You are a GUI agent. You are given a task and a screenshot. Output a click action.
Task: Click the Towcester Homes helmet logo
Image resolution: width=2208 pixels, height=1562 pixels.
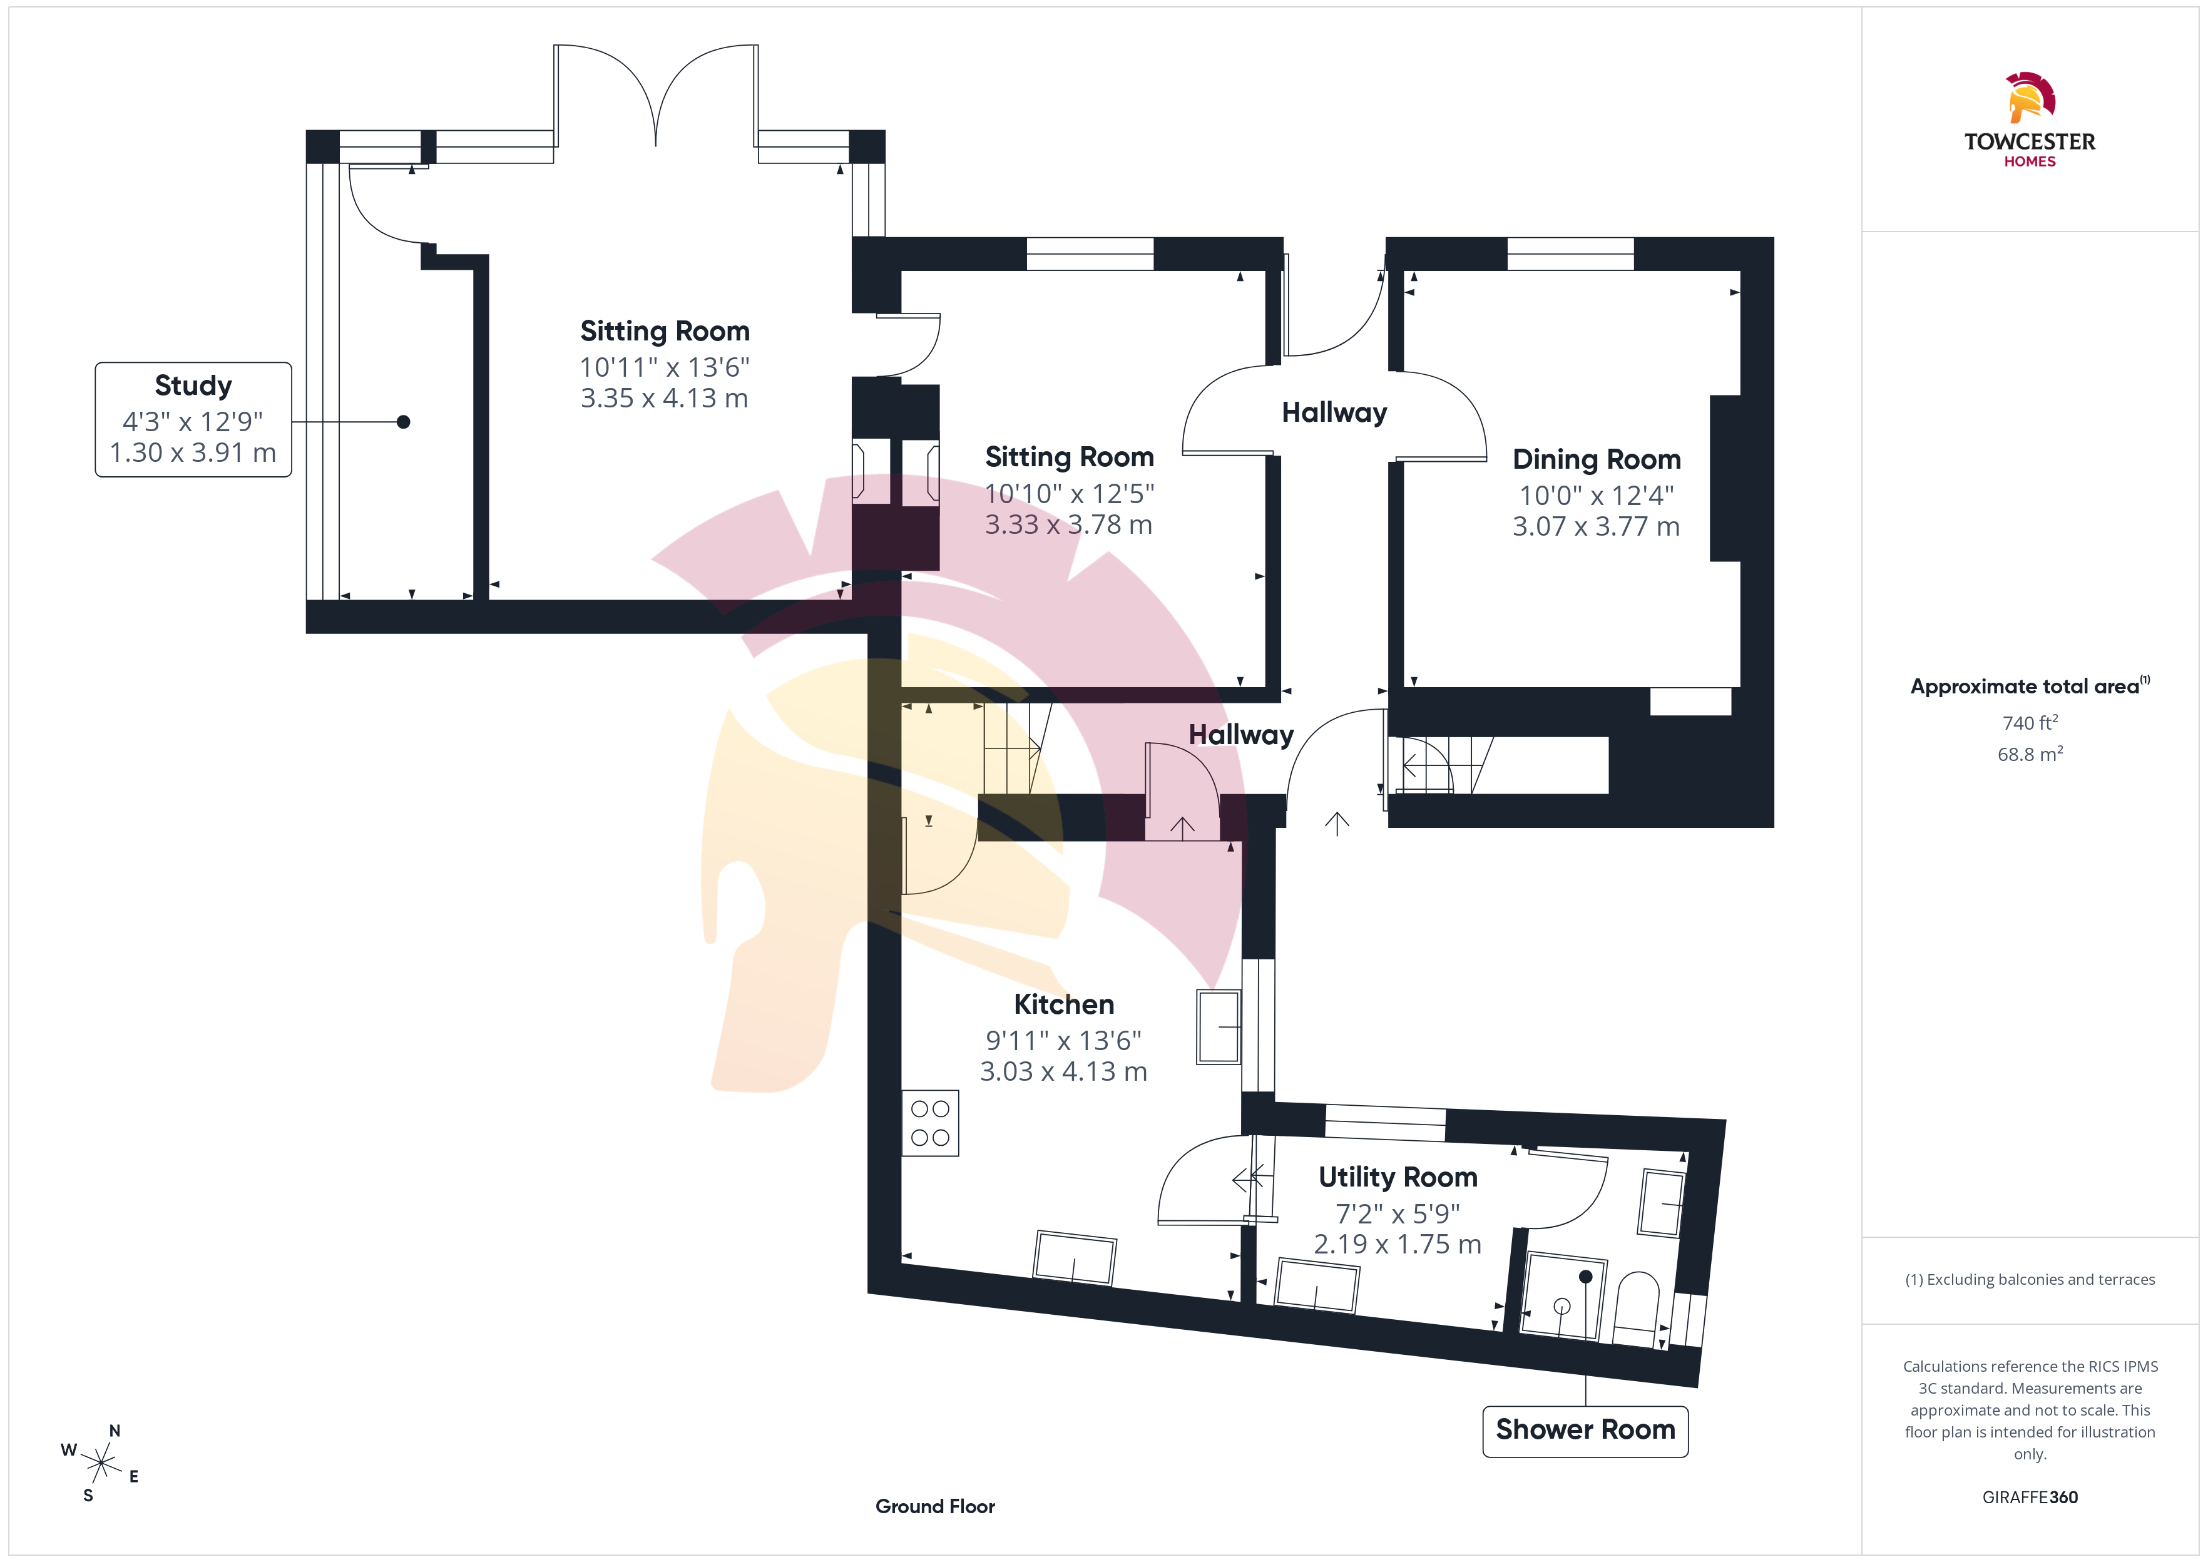2030,98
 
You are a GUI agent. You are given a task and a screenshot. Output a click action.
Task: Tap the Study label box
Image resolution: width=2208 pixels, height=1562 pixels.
193,419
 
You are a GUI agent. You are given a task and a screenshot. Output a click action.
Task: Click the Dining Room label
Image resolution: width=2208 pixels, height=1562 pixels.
1597,460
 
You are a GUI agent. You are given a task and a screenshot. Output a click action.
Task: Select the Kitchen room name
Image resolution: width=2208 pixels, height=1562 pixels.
1063,1004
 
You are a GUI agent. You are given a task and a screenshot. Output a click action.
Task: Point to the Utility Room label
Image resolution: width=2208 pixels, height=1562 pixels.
1398,1177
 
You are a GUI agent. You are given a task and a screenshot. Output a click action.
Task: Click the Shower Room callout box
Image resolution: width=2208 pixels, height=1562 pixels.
1585,1430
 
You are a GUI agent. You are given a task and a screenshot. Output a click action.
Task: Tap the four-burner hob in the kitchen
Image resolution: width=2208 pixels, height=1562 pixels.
930,1123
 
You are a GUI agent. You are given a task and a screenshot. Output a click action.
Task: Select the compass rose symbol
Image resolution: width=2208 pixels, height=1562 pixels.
100,1463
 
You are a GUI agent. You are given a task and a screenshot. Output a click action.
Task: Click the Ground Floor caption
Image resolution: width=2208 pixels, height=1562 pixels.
935,1506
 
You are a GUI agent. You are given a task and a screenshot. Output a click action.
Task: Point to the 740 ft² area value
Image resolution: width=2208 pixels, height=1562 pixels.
2030,722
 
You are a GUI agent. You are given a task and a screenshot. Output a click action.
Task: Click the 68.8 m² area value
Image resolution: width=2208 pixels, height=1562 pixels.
2030,754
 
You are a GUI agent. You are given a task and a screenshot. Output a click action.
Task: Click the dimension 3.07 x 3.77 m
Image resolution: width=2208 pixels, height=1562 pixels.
1597,526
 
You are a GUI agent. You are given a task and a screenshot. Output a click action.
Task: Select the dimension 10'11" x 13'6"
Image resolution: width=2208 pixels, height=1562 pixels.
665,367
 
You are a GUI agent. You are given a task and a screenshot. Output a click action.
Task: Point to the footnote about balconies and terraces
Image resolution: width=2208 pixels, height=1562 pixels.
2030,1279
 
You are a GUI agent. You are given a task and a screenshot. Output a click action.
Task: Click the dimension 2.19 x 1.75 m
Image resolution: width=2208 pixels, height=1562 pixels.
1398,1243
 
